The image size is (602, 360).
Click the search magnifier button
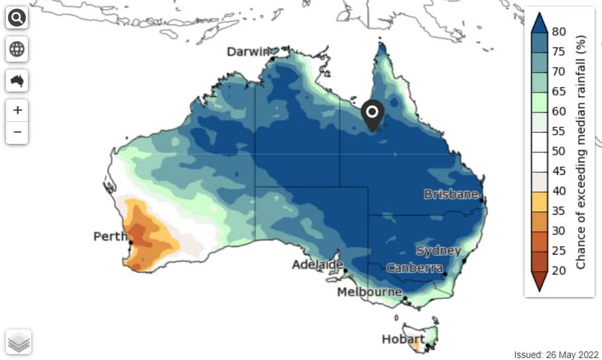click(x=17, y=18)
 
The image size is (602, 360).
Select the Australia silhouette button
click(x=17, y=81)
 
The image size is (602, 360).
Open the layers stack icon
click(x=19, y=341)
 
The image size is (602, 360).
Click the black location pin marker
click(x=373, y=115)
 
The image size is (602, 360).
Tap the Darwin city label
click(x=249, y=52)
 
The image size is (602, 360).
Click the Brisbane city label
click(x=451, y=194)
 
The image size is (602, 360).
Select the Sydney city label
click(x=438, y=251)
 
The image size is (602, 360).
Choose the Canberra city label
click(x=414, y=268)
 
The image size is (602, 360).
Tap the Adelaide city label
click(x=318, y=265)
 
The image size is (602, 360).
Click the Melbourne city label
click(x=369, y=292)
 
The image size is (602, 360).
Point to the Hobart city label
click(x=403, y=339)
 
